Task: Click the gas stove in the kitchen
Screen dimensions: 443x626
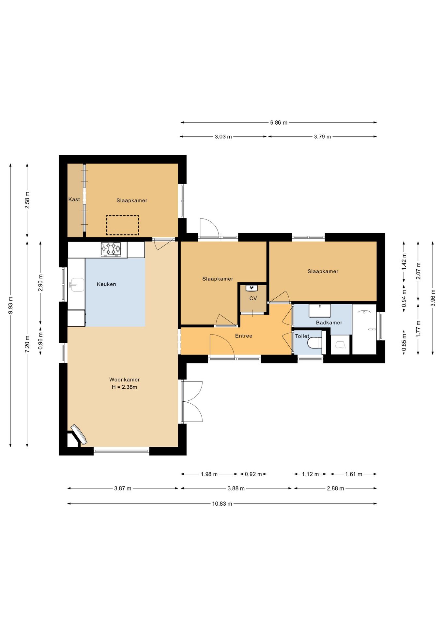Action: (111, 249)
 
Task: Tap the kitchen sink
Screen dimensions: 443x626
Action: (77, 284)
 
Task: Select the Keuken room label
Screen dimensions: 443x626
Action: (106, 284)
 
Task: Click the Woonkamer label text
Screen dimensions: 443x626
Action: (124, 380)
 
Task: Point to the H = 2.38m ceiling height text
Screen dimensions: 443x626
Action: (124, 387)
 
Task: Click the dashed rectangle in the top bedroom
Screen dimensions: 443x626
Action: (122, 225)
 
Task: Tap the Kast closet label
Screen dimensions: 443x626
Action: (74, 200)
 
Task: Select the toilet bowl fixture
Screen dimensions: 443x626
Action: (315, 343)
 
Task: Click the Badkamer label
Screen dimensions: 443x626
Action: (329, 323)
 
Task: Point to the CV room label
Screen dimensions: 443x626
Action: (253, 298)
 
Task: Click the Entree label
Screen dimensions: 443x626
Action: (244, 336)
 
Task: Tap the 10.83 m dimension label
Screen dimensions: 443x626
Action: (222, 504)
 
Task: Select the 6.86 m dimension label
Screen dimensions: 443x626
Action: (279, 123)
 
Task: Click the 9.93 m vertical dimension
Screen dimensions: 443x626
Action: (10, 305)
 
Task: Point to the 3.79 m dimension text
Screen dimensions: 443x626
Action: (322, 137)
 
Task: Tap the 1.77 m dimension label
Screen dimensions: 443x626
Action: (418, 329)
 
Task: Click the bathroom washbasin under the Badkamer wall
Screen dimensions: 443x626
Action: (320, 311)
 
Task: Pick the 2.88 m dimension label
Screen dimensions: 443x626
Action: (335, 488)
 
